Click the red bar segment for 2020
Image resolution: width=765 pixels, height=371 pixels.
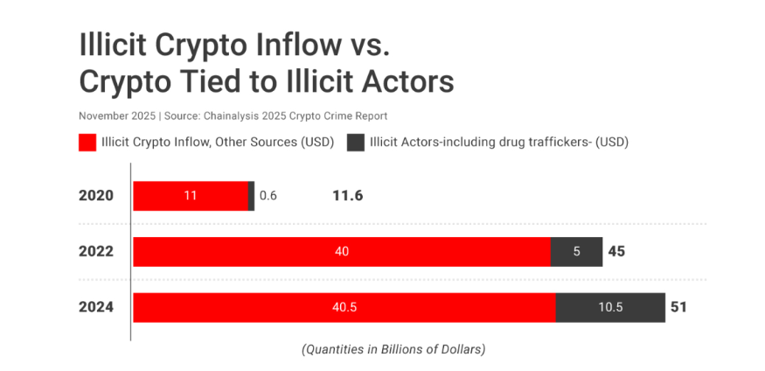(x=191, y=196)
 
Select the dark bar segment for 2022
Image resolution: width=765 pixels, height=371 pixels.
(x=576, y=251)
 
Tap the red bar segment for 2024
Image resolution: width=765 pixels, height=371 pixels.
(x=344, y=307)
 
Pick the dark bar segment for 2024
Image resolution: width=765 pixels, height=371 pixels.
(x=609, y=307)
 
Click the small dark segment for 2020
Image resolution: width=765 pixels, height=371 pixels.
(x=252, y=196)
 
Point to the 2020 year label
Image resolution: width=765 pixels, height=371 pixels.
(x=96, y=195)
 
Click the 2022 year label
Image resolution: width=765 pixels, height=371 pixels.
(x=96, y=251)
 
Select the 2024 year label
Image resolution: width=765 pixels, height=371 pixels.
(x=96, y=307)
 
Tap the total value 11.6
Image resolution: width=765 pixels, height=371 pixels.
(x=347, y=195)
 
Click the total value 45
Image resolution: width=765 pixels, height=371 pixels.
(x=616, y=251)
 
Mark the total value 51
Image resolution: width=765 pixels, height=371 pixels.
(x=679, y=307)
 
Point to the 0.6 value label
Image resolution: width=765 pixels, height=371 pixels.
(x=268, y=196)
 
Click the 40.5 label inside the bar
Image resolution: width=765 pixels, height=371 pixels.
(x=344, y=307)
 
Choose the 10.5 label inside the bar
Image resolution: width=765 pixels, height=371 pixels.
(x=609, y=307)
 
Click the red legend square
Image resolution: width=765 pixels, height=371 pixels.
(x=87, y=143)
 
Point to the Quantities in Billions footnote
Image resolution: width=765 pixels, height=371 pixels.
(x=393, y=349)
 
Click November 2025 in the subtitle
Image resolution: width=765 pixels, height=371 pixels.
(x=115, y=115)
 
